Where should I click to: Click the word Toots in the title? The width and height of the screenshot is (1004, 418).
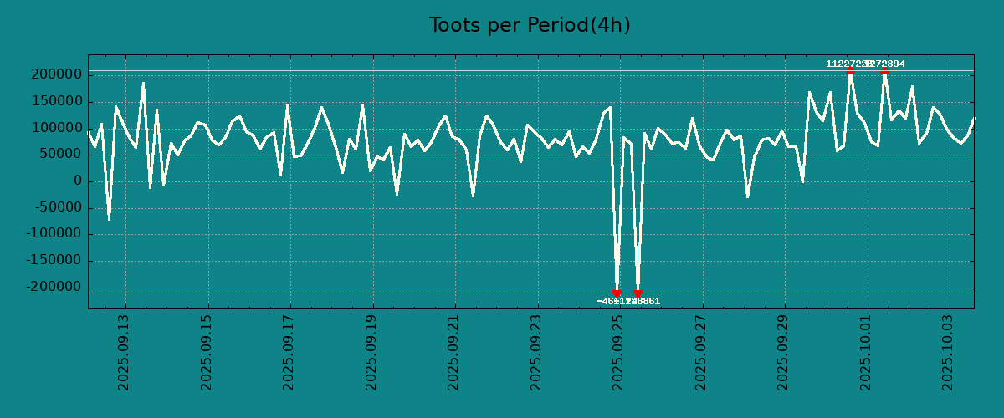pyautogui.click(x=455, y=26)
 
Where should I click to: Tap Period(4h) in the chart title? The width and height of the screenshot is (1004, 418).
pyautogui.click(x=579, y=26)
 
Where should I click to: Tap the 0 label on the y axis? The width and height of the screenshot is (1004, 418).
pyautogui.click(x=78, y=181)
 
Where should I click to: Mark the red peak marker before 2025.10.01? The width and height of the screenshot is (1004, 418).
pyautogui.click(x=850, y=71)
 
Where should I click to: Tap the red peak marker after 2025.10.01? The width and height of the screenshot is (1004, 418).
pyautogui.click(x=884, y=71)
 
